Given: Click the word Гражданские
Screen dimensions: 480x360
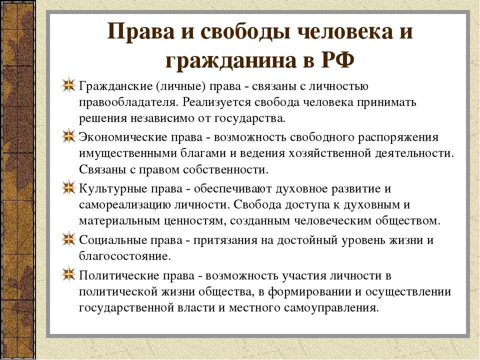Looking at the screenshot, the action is point(115,86).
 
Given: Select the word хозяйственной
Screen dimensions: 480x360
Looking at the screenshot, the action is point(329,153).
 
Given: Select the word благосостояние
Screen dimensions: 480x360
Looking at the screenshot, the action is point(125,256).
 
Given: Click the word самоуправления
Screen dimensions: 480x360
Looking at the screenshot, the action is point(331,307).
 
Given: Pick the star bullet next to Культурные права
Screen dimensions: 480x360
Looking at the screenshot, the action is point(68,187).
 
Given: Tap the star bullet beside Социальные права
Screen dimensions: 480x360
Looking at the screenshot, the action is point(68,238).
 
